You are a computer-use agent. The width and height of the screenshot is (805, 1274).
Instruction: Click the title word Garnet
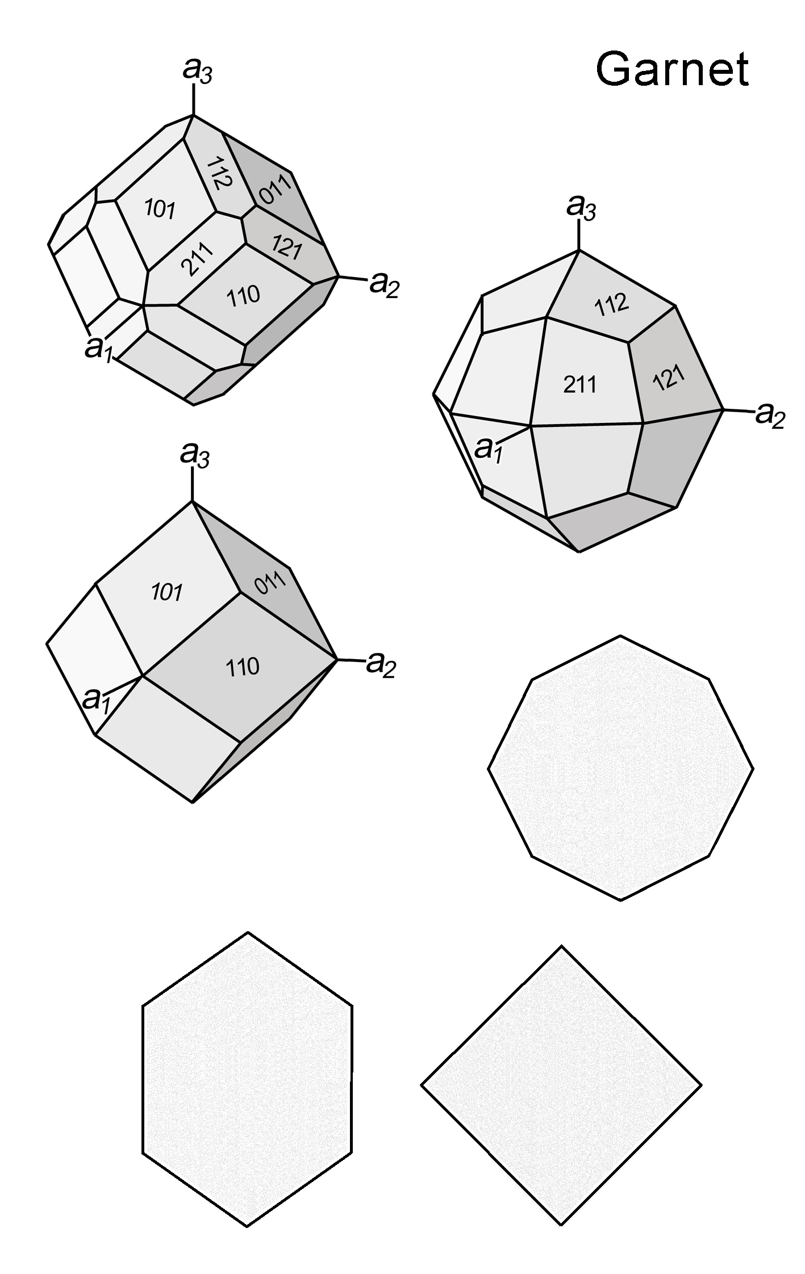672,69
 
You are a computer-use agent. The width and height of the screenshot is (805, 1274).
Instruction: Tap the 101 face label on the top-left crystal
160,209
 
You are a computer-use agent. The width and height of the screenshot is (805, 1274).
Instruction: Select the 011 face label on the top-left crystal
275,188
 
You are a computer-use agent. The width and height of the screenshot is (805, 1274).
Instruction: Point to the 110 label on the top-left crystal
243,294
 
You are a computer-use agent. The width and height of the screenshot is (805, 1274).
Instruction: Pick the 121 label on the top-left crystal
286,248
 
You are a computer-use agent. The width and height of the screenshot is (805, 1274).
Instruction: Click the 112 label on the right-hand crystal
612,305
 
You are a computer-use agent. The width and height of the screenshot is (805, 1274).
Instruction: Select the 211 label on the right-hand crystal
580,384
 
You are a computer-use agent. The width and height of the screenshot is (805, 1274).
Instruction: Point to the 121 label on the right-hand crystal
669,376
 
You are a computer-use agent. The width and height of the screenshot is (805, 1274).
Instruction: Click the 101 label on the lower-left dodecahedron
166,592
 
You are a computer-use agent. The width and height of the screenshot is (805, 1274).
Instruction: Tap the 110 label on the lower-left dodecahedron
243,667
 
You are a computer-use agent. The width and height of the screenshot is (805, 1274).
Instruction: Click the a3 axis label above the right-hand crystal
581,207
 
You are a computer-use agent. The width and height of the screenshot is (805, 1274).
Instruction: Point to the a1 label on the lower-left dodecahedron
97,699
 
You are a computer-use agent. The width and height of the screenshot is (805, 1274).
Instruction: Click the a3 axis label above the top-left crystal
198,71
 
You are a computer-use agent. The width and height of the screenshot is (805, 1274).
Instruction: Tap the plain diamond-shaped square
561,1085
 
